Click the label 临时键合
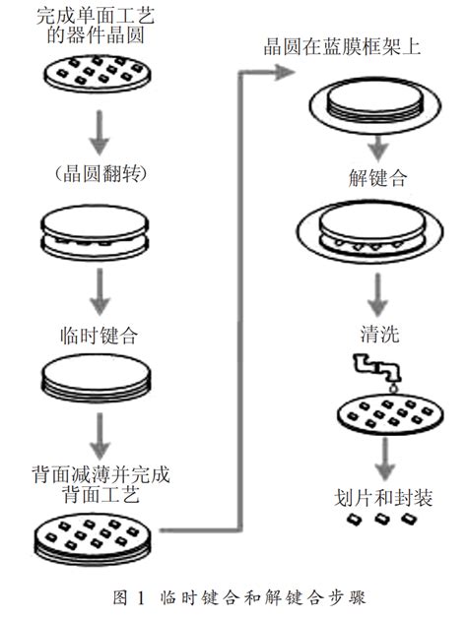tap(100, 336)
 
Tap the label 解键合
tap(377, 178)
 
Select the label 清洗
tap(379, 334)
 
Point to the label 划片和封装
tap(383, 497)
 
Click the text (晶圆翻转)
tap(100, 173)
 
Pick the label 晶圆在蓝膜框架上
tap(342, 47)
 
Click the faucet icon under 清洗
tap(377, 367)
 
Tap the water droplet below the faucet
tap(393, 389)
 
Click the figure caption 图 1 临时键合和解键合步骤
tap(239, 597)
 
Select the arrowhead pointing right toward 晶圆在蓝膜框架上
tap(285, 72)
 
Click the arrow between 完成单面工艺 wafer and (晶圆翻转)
tap(100, 132)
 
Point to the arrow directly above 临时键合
tap(100, 291)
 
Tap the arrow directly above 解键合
tap(379, 149)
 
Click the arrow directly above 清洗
tap(378, 295)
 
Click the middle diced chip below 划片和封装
tap(381, 519)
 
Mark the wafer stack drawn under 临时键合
tap(97, 378)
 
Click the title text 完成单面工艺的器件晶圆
tap(96, 26)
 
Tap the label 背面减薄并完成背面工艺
tap(101, 483)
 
